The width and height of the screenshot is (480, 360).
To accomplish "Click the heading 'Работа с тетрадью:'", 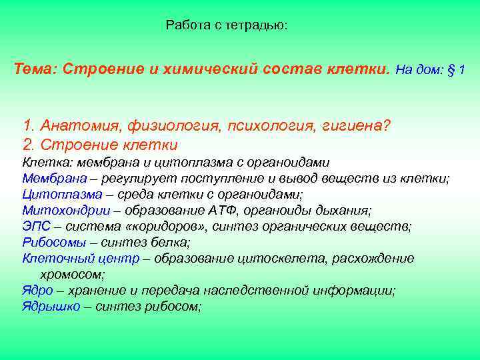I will pos(227,26).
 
